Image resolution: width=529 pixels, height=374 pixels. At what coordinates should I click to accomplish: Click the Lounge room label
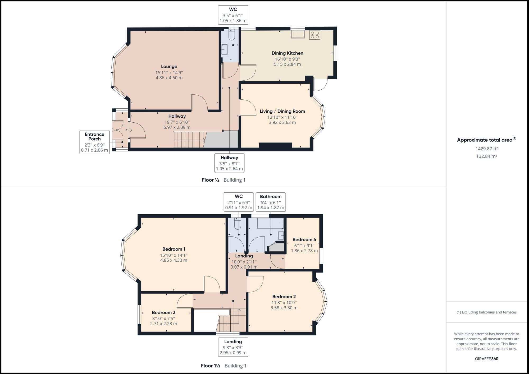(169, 67)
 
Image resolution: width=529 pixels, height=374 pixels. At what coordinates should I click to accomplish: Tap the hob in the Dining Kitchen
(315, 35)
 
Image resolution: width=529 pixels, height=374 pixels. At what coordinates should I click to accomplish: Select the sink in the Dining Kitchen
(298, 34)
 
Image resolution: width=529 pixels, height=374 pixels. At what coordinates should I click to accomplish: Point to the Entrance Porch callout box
(94, 142)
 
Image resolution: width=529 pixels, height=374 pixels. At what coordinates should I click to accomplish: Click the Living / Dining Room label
(282, 111)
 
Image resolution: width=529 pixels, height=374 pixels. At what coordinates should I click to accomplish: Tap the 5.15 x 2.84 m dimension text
(287, 64)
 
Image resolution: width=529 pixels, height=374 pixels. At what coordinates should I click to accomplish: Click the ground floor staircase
(189, 140)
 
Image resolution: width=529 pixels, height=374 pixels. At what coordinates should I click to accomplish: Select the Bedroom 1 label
(174, 249)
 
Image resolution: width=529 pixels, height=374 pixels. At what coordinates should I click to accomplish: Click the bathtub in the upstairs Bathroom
(270, 223)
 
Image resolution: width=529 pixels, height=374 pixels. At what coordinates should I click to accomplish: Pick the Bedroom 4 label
(304, 239)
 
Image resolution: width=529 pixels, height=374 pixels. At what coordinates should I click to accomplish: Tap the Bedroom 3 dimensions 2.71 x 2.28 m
(163, 324)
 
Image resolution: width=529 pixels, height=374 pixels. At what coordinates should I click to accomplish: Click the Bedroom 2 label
(284, 297)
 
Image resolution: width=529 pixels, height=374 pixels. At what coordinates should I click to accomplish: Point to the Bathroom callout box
(271, 202)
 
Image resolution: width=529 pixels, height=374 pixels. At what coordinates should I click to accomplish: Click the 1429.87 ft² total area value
(486, 149)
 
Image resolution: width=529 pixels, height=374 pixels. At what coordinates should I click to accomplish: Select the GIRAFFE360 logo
(486, 359)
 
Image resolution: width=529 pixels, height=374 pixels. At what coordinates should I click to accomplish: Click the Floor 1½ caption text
(211, 366)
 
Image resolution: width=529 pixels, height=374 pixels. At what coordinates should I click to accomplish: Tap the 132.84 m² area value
(486, 156)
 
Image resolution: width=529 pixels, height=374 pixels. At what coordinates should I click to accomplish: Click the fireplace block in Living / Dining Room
(275, 145)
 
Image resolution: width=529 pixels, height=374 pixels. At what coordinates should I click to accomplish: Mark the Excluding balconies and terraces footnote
(486, 312)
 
